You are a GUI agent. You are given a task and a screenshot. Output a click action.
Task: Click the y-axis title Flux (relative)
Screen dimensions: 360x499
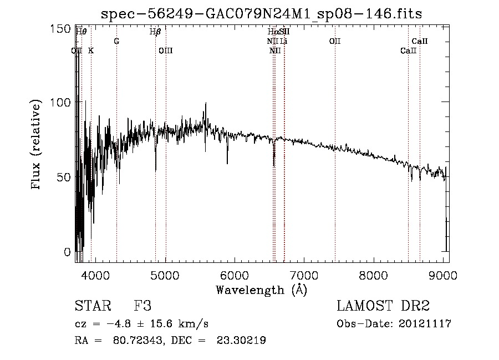(37, 145)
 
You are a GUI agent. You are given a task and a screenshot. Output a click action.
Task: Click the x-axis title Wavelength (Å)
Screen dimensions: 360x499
(261, 290)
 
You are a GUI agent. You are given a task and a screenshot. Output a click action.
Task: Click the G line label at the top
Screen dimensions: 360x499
(116, 42)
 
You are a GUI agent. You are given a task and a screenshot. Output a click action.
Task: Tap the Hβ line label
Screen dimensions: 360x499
(155, 32)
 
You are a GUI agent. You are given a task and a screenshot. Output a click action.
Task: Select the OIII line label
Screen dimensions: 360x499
(166, 51)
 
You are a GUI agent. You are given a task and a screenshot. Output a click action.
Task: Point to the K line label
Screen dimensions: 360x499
(91, 51)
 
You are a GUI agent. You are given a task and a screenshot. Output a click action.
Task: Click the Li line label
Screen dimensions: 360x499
(283, 42)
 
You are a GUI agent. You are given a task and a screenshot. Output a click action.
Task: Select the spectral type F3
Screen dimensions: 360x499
(142, 306)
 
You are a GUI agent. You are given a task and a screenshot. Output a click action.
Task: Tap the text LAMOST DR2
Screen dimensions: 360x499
(383, 306)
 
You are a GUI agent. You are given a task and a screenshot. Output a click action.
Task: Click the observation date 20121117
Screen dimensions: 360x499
(425, 324)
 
